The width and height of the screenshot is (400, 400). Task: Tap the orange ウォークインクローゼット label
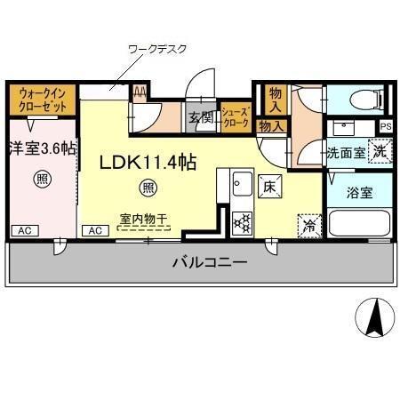(41, 100)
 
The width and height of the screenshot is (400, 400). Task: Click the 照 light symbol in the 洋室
(41, 179)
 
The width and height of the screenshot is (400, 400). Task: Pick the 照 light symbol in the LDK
(149, 188)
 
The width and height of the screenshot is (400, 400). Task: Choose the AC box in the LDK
(94, 230)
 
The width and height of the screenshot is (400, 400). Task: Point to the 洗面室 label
(344, 152)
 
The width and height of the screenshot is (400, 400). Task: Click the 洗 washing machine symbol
(380, 151)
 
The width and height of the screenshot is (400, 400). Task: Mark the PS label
(385, 126)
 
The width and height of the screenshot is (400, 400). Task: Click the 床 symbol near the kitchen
(269, 187)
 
